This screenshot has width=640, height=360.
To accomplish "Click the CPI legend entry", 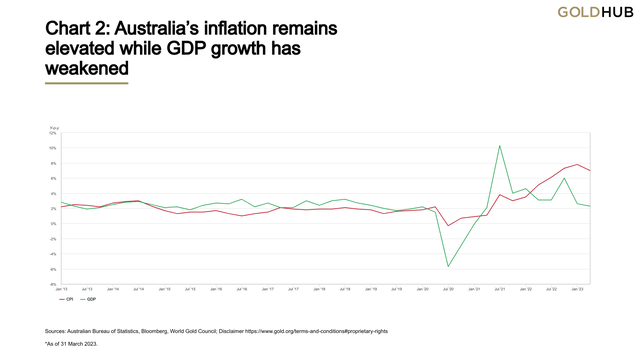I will pyautogui.click(x=68, y=299).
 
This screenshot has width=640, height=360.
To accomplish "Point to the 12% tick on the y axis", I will pyautogui.click(x=54, y=133).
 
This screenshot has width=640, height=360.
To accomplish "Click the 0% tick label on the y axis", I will pyautogui.click(x=55, y=224).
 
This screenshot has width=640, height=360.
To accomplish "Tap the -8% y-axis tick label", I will pyautogui.click(x=54, y=284).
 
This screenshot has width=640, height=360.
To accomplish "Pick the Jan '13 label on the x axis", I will pyautogui.click(x=63, y=290).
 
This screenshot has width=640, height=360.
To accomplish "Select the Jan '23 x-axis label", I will pyautogui.click(x=577, y=290).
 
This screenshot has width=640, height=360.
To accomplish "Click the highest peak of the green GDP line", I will pyautogui.click(x=499, y=146).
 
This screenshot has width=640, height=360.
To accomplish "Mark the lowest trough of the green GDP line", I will pyautogui.click(x=448, y=266).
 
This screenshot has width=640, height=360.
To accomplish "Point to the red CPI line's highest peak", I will pyautogui.click(x=577, y=164).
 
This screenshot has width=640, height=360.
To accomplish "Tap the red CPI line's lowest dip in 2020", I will pyautogui.click(x=448, y=226).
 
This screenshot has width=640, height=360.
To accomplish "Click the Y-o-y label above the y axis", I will pyautogui.click(x=55, y=127).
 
